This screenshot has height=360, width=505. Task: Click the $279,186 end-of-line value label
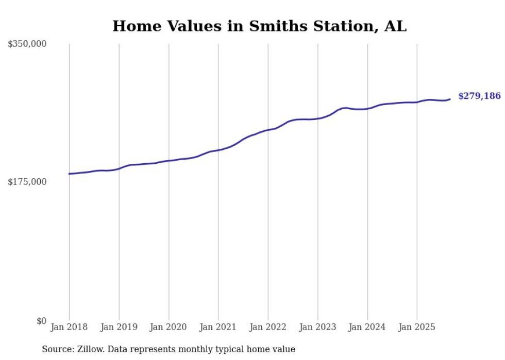479,96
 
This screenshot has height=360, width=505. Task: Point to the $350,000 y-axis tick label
27,44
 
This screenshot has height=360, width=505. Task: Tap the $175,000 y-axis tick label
27,182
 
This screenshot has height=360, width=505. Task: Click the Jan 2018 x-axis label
69,327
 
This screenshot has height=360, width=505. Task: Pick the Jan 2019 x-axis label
119,327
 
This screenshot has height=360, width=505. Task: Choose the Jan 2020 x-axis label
169,327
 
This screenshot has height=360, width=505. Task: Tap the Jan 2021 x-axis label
218,327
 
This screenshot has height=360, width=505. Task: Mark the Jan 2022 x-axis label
268,327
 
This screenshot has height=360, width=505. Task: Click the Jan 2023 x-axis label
317,327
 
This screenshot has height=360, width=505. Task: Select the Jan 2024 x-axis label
367,327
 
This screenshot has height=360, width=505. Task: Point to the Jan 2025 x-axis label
416,327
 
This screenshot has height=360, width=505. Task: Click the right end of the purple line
450,99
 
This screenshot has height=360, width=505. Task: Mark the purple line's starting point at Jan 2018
69,174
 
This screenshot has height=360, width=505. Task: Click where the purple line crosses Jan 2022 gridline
268,130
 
